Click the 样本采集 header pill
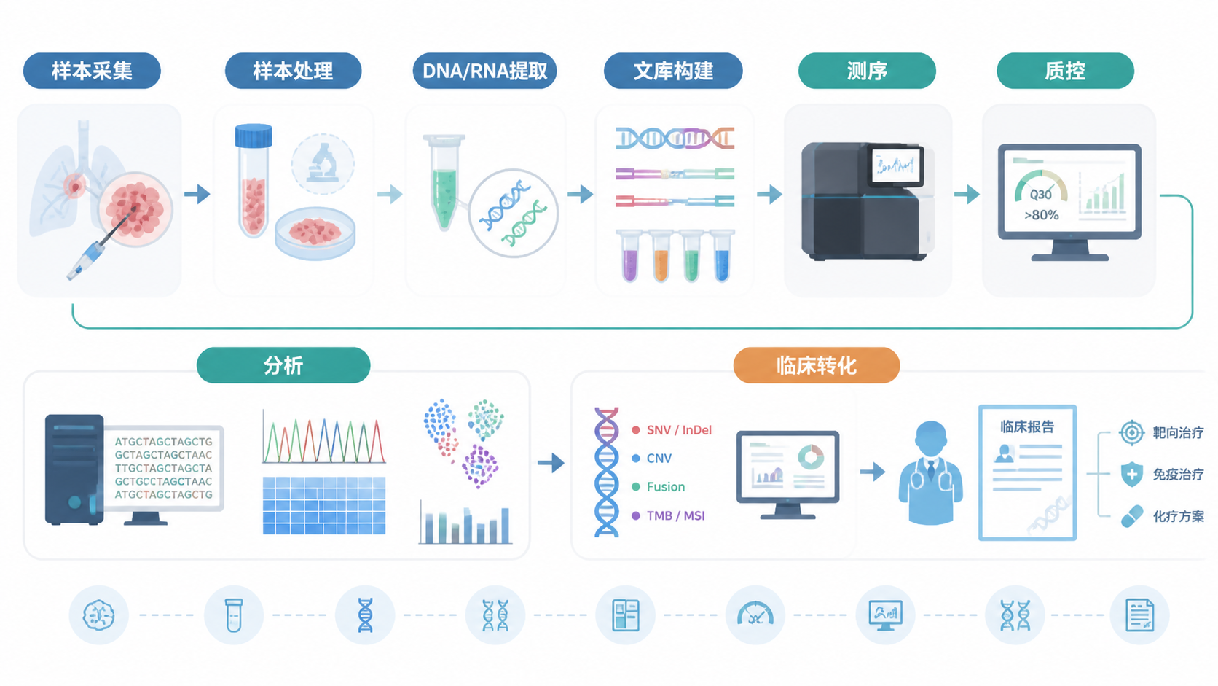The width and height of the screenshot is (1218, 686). [x=92, y=71]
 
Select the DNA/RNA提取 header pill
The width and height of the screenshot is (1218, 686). [x=484, y=71]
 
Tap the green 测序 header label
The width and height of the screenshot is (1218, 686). [x=867, y=71]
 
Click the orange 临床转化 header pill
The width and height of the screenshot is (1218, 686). [x=816, y=365]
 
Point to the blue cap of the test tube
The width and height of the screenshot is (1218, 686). [x=254, y=136]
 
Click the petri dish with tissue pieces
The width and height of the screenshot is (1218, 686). [x=315, y=233]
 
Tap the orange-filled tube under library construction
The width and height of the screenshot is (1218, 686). [x=661, y=256]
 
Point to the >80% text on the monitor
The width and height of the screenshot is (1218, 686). [x=1041, y=216]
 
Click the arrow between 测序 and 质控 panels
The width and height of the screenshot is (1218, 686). [x=967, y=194]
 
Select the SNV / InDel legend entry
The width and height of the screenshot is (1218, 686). [x=672, y=430]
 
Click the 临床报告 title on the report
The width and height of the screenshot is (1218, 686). [x=1026, y=427]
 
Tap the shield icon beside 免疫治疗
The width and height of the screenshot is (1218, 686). [x=1131, y=475]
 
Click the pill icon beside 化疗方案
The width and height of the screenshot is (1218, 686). [x=1131, y=516]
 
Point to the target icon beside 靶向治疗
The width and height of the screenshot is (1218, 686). [x=1132, y=433]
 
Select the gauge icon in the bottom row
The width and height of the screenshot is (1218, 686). [x=755, y=615]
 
